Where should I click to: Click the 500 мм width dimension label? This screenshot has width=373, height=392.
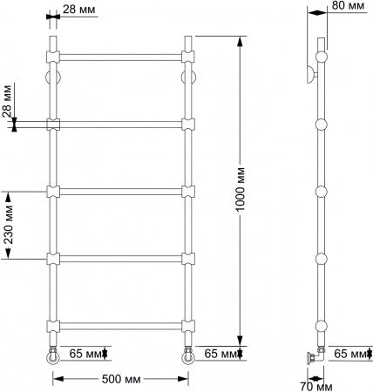[121, 379]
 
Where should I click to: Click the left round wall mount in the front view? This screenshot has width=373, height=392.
[52, 76]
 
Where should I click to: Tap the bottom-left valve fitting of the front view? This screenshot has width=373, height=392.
[53, 355]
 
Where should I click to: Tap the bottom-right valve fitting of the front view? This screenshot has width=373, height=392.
[187, 355]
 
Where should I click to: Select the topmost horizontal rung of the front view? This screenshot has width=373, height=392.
[120, 56]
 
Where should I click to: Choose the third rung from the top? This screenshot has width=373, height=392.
[120, 190]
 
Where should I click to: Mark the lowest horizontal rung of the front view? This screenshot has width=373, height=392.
[120, 327]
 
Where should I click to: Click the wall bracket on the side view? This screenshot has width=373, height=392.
[311, 74]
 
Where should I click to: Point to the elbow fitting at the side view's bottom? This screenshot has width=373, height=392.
[315, 355]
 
